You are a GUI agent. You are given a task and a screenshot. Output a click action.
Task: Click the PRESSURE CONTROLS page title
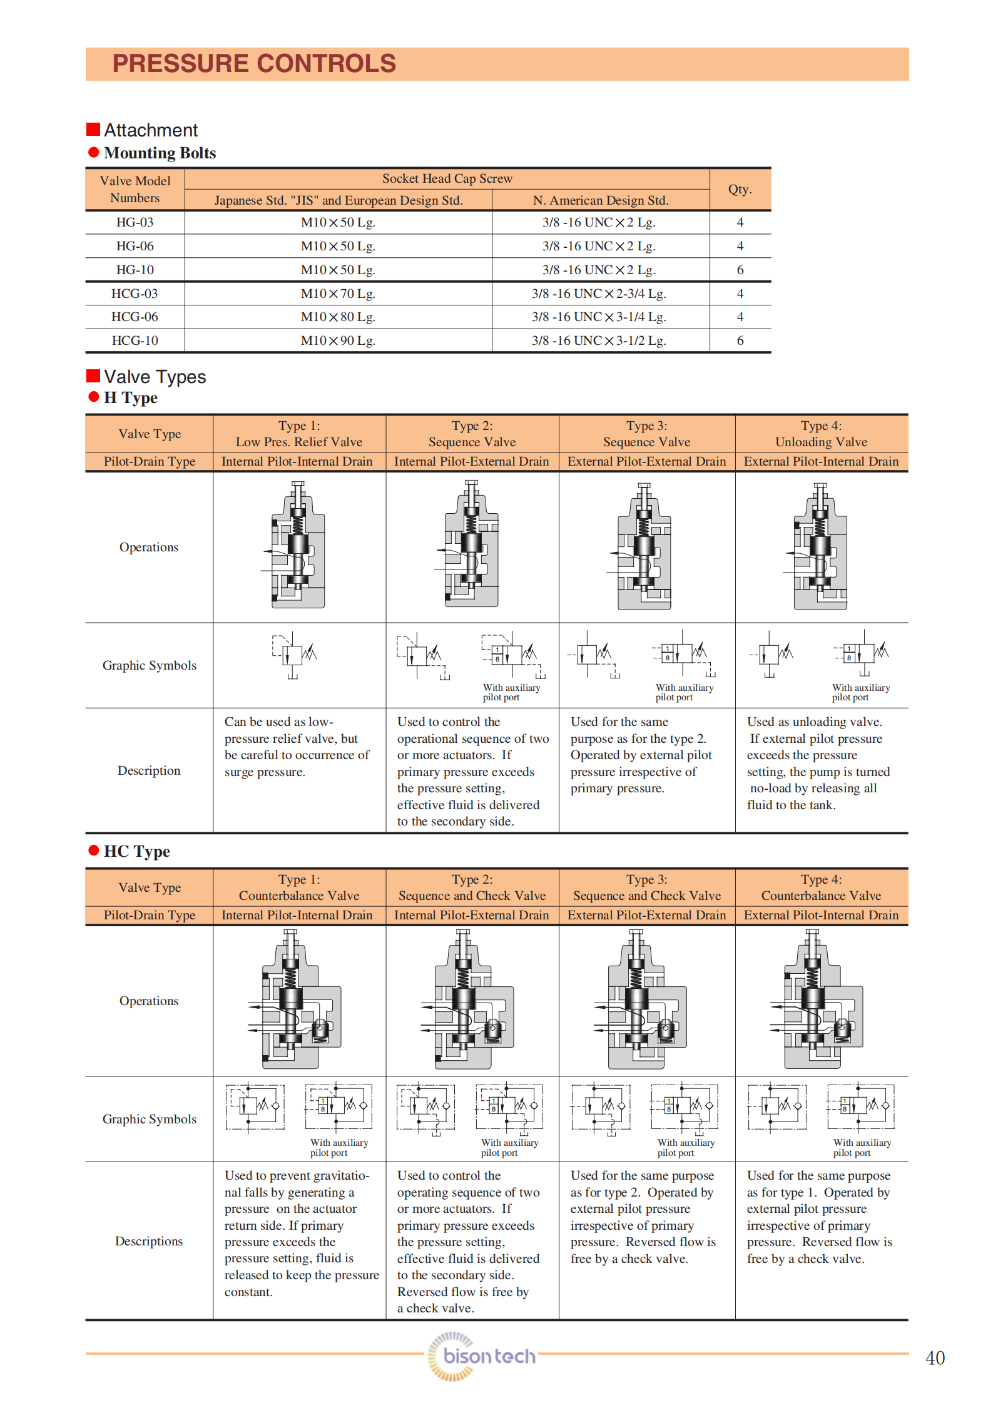click(253, 64)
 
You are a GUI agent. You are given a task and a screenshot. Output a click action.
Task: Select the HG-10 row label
click(135, 270)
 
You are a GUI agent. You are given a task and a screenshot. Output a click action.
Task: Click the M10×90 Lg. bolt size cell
click(338, 340)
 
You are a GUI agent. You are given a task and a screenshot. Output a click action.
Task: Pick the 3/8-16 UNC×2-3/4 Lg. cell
click(599, 294)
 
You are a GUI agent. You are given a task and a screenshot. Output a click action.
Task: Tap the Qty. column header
click(740, 189)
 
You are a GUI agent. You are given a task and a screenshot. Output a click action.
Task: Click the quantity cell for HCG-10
click(740, 340)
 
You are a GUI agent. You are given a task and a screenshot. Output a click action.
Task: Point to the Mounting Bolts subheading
click(160, 153)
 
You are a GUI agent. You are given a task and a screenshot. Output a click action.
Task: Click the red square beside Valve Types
click(93, 376)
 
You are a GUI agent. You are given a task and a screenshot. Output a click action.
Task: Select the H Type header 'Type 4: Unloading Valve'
click(821, 434)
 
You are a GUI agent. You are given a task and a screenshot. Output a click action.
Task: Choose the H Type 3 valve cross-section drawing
click(643, 546)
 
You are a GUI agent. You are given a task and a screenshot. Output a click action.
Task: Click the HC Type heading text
click(136, 851)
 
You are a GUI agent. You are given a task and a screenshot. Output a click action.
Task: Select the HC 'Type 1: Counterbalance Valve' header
click(298, 887)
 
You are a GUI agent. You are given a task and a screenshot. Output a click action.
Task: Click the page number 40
click(935, 1358)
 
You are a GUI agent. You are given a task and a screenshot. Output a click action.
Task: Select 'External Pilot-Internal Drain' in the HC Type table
click(821, 915)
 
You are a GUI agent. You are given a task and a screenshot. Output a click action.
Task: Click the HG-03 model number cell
click(135, 222)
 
